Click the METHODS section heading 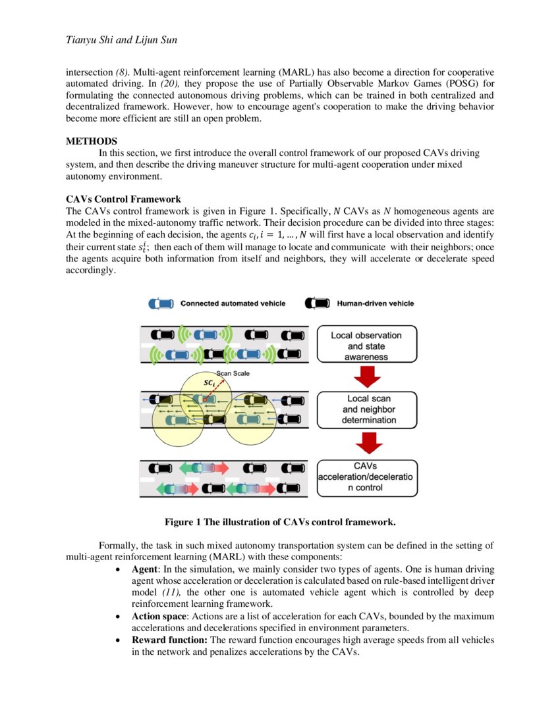point(92,141)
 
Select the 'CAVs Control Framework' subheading point(123,199)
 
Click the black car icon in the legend point(317,303)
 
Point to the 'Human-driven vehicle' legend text point(376,303)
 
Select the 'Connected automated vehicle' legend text point(233,303)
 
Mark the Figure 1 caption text point(280,522)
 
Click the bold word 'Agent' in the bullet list point(146,569)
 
